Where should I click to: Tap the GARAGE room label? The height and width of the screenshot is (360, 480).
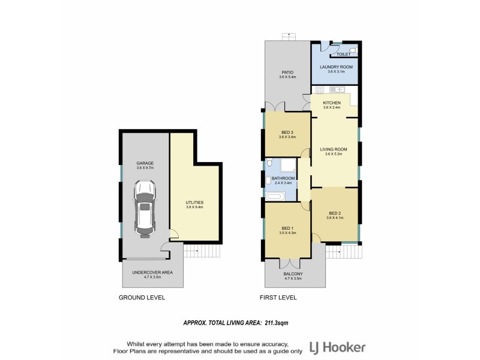[145, 163]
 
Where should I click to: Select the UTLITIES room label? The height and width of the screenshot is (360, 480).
[195, 203]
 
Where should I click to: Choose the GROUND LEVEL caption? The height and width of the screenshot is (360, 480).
[142, 298]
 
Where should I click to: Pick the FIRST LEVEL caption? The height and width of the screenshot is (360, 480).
[278, 298]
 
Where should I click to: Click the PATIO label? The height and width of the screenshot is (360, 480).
[287, 72]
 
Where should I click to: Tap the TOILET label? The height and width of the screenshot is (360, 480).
[344, 54]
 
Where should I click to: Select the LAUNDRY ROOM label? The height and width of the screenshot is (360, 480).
[334, 67]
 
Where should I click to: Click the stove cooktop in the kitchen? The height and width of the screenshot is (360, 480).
[320, 90]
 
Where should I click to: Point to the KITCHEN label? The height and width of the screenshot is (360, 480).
[332, 103]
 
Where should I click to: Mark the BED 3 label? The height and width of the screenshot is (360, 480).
[288, 132]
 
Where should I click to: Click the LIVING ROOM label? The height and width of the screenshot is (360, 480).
[334, 149]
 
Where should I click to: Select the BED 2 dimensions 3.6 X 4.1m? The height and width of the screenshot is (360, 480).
[335, 218]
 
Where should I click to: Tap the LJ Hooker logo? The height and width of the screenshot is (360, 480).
[337, 347]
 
